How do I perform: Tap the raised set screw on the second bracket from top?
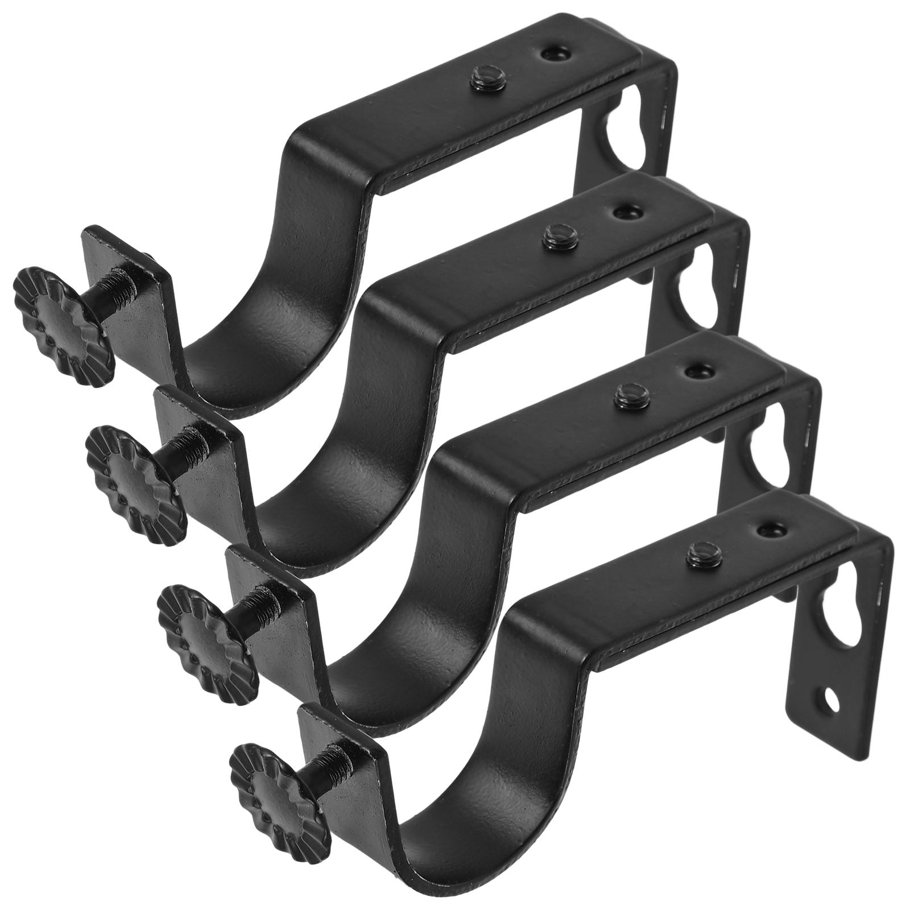click(x=558, y=235)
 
